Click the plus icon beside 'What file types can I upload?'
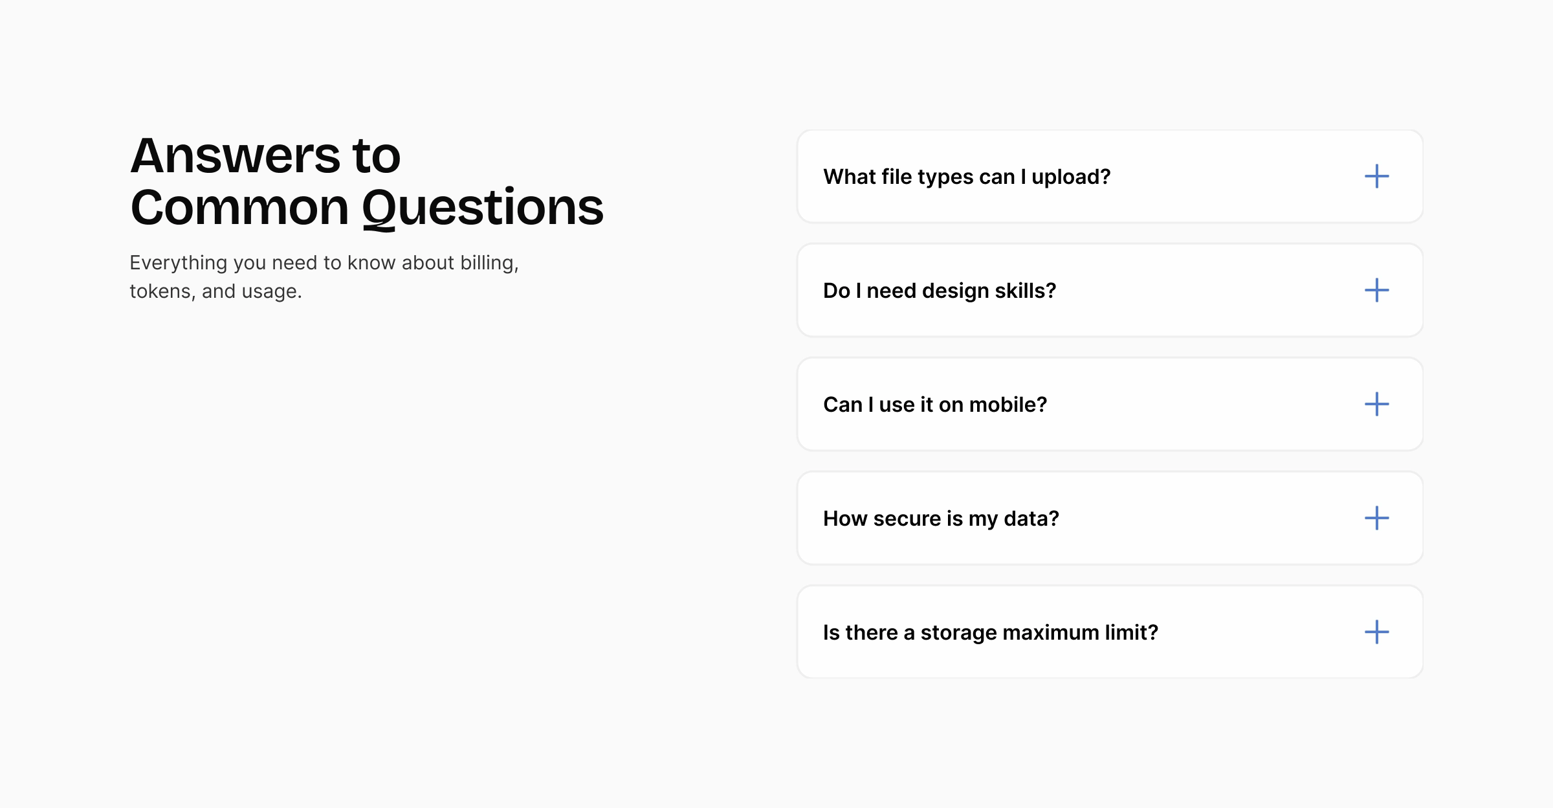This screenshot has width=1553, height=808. (x=1376, y=176)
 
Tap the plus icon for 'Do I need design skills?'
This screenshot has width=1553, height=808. (x=1376, y=290)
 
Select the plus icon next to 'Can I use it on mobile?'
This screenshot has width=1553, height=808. (x=1376, y=404)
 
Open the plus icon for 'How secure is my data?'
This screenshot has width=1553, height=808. (x=1376, y=518)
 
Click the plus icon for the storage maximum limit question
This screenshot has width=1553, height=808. (x=1376, y=632)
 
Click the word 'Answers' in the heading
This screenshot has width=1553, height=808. (x=235, y=156)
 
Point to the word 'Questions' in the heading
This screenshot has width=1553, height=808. (x=483, y=208)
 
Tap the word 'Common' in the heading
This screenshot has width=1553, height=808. (x=239, y=208)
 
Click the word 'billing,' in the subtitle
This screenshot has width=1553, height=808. (x=489, y=263)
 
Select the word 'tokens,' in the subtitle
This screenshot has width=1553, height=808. (x=162, y=291)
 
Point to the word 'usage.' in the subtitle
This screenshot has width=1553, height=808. (x=271, y=292)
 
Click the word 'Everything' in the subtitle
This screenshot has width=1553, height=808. (x=178, y=263)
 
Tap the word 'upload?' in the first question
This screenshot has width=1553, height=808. (x=1071, y=177)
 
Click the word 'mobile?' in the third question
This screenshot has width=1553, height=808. (x=1008, y=405)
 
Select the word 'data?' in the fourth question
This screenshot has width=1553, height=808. (x=1031, y=519)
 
